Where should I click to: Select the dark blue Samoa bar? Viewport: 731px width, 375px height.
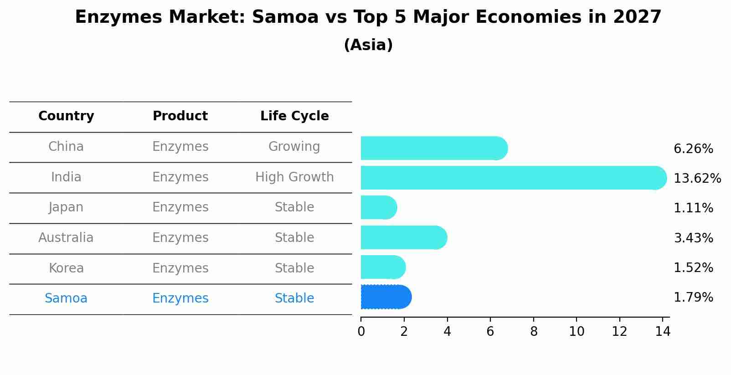[386, 297]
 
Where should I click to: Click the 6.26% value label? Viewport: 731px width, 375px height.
[693, 149]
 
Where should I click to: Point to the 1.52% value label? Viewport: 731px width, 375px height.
[693, 268]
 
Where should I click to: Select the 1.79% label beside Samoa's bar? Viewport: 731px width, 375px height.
[693, 298]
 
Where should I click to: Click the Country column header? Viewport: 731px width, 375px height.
[66, 116]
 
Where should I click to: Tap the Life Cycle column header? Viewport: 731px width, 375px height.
[294, 116]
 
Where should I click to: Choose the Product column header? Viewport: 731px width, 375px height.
[180, 116]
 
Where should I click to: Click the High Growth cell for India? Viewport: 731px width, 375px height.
[294, 177]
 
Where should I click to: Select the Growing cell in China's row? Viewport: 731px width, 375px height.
[294, 147]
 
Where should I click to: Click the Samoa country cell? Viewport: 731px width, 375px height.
[66, 298]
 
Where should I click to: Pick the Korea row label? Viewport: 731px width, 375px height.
[66, 268]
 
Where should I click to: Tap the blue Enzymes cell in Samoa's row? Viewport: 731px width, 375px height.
[180, 298]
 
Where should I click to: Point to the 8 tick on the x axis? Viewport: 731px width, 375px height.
[533, 332]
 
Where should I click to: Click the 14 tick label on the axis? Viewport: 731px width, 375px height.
[663, 332]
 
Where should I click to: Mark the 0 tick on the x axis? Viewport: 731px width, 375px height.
[361, 332]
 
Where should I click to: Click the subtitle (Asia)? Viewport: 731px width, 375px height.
[368, 45]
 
